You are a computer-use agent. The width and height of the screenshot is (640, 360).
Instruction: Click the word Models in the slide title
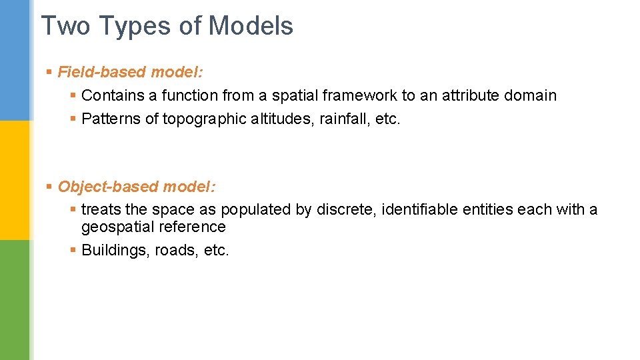pos(251,26)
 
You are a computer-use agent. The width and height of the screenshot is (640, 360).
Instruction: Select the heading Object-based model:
pos(137,187)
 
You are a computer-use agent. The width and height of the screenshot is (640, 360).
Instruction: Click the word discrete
pos(346,209)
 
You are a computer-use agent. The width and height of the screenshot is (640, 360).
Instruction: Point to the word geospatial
pos(117,227)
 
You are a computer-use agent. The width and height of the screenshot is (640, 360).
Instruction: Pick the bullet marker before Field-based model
pos(49,72)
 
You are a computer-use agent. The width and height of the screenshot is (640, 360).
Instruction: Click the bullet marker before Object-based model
pos(49,187)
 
